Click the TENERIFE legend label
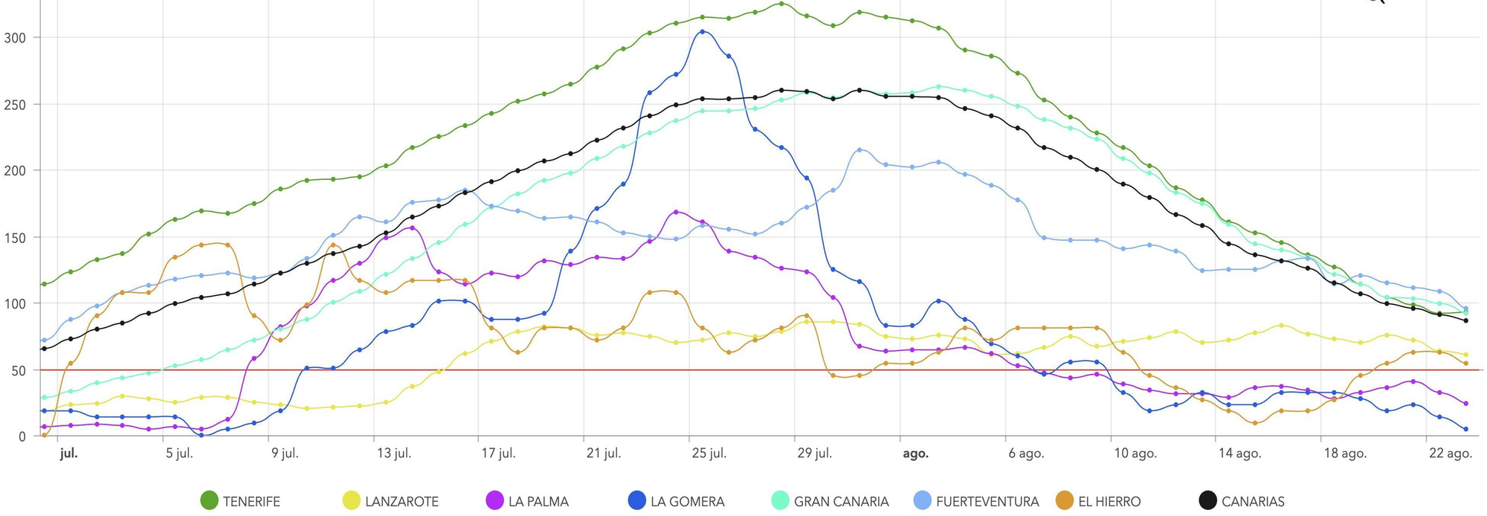tap(251, 502)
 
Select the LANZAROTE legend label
tap(401, 502)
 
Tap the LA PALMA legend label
tap(538, 502)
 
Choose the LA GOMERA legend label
tap(687, 502)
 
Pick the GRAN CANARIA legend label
tap(841, 502)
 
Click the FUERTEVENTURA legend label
tap(987, 502)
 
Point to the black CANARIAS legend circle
tap(1208, 501)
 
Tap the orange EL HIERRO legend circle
tap(1065, 501)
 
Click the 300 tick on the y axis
tap(15, 37)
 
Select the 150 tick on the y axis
tap(15, 238)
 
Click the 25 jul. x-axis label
tap(709, 454)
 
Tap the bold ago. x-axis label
tap(915, 454)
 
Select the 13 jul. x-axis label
tap(393, 454)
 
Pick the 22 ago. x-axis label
tap(1451, 454)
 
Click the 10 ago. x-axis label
tap(1135, 454)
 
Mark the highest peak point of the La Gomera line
tap(703, 32)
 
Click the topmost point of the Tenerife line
tap(781, 4)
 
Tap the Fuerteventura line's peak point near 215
tap(859, 150)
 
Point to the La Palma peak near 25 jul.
tap(676, 212)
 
